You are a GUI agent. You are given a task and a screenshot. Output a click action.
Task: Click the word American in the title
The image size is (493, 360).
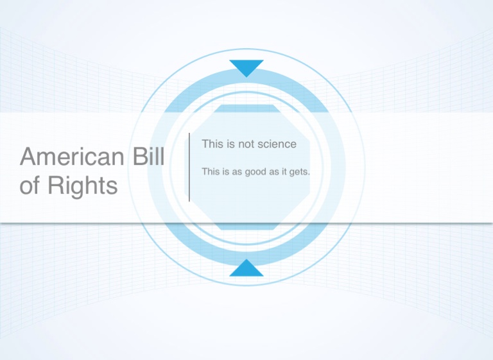(x=72, y=157)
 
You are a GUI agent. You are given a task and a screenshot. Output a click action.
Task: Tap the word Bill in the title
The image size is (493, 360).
(x=149, y=156)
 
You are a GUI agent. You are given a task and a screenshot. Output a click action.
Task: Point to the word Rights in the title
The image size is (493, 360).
(x=83, y=187)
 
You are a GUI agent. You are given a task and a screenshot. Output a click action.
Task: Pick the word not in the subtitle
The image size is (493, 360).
(x=246, y=144)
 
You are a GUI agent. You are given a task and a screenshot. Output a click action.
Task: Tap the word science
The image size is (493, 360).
(x=277, y=144)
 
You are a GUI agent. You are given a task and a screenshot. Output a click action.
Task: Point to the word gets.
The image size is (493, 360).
(x=300, y=172)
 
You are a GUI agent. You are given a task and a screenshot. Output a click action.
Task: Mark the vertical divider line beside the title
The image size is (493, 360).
(x=189, y=167)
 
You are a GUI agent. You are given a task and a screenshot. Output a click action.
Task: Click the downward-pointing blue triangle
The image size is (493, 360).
(x=246, y=67)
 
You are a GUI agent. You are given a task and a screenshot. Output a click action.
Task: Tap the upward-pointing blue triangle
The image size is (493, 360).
(x=246, y=269)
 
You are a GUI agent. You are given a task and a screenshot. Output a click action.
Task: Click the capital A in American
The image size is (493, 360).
(x=28, y=157)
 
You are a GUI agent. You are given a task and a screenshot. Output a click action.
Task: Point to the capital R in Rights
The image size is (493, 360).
(x=55, y=185)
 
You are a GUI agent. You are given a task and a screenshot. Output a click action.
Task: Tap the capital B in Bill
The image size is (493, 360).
(x=140, y=157)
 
